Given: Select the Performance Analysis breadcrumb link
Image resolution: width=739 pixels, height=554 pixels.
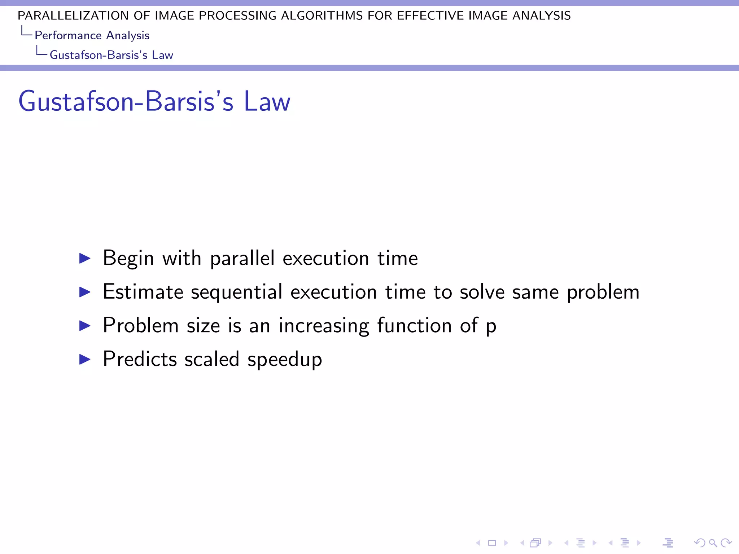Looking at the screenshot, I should [x=92, y=35].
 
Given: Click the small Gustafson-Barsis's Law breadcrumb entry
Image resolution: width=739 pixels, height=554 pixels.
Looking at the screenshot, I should [x=111, y=55].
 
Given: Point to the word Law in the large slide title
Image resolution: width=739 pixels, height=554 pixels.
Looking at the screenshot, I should [x=267, y=101].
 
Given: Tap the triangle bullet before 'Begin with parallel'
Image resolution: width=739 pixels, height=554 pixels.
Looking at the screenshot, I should [x=85, y=258].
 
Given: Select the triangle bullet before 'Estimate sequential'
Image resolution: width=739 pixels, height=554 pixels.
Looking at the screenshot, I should [x=85, y=292].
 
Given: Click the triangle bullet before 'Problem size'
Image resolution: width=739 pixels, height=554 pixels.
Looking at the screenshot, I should [x=85, y=326].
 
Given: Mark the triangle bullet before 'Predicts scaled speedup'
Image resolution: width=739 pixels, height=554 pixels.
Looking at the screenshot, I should [x=85, y=359].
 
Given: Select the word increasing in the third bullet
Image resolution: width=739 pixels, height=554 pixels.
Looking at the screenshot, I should [x=324, y=326].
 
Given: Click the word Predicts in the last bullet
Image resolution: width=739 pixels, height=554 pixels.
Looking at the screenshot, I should [x=140, y=359].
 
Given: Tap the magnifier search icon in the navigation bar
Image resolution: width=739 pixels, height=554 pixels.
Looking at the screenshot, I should [x=713, y=543].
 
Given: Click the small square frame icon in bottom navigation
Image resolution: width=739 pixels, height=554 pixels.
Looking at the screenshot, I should [x=492, y=543].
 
